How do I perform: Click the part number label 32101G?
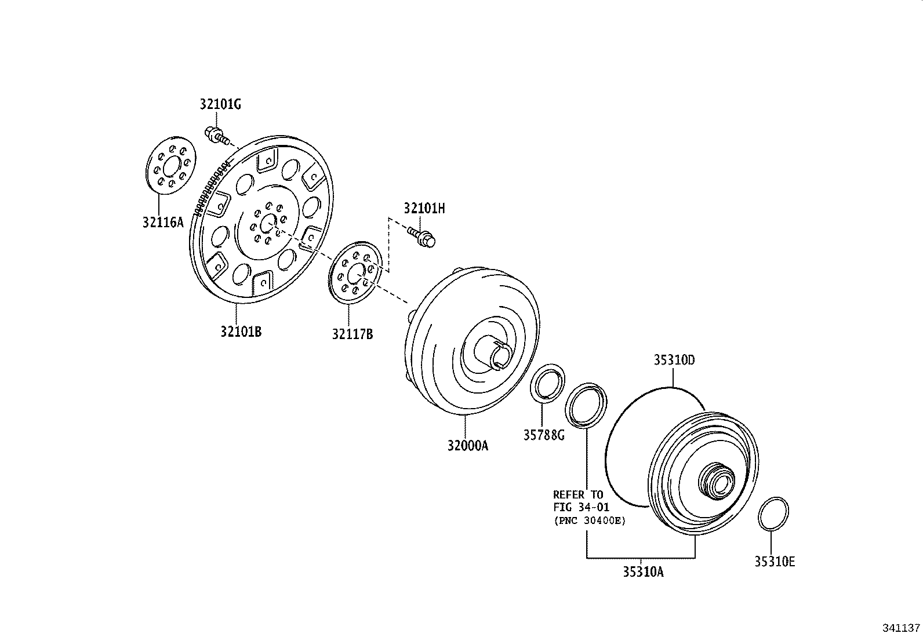click(x=220, y=104)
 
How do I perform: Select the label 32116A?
click(x=163, y=221)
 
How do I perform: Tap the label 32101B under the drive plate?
click(x=241, y=332)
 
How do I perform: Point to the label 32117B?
click(x=353, y=334)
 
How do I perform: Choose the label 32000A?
click(x=468, y=446)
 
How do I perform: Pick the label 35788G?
click(x=544, y=435)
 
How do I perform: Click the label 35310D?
click(x=674, y=360)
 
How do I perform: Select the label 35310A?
click(x=644, y=572)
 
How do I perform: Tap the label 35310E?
click(x=775, y=562)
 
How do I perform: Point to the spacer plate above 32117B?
click(x=354, y=273)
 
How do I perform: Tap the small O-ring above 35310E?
click(x=773, y=513)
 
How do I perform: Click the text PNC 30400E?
click(x=590, y=520)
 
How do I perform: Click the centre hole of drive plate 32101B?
click(x=268, y=223)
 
